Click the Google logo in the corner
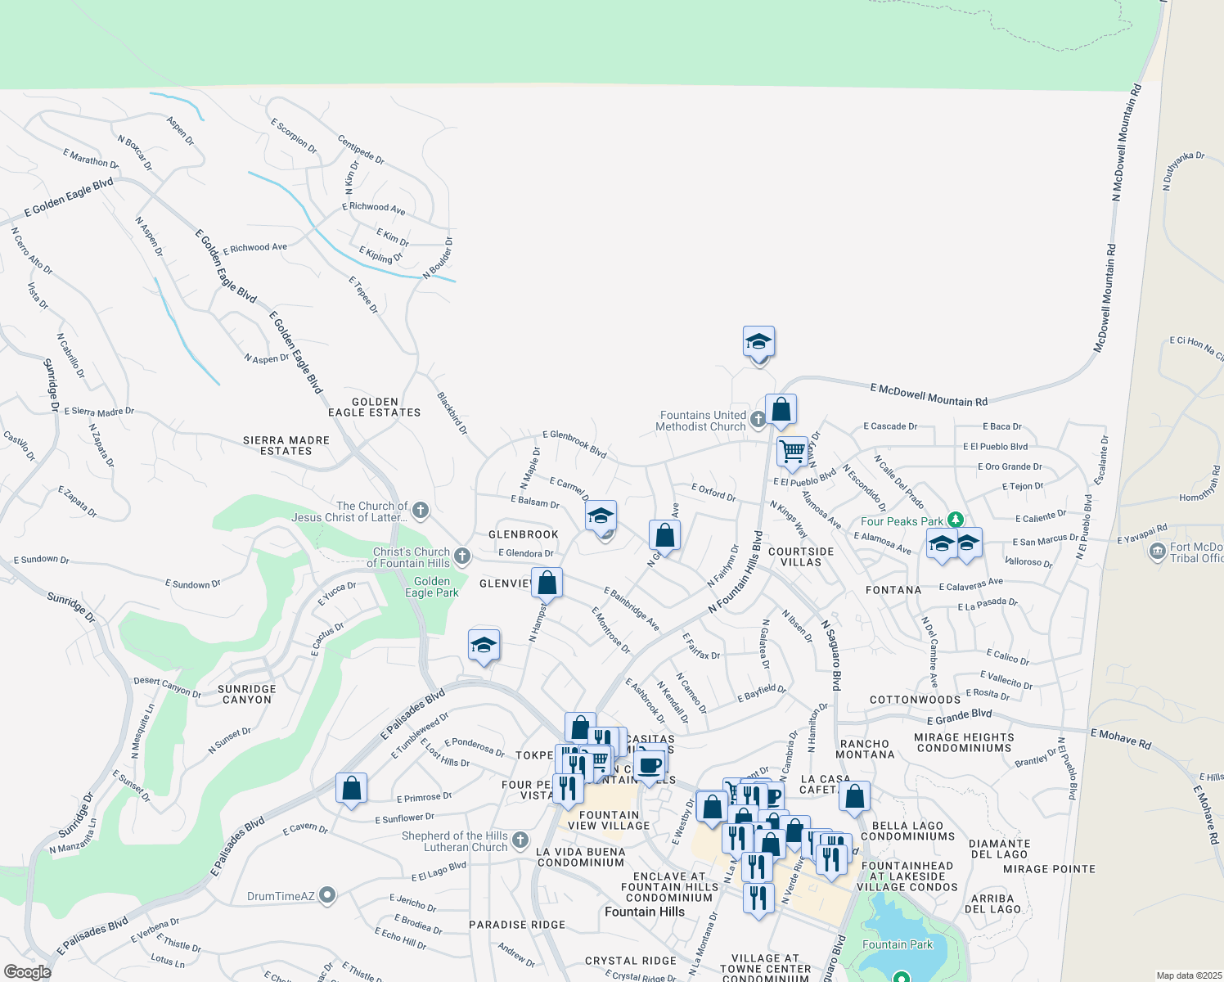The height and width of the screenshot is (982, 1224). click(x=27, y=971)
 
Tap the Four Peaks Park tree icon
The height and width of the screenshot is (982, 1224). click(x=955, y=520)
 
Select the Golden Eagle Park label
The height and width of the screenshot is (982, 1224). click(x=431, y=587)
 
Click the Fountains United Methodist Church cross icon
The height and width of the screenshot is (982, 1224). click(x=758, y=420)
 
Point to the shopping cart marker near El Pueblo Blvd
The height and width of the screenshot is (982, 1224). click(x=792, y=450)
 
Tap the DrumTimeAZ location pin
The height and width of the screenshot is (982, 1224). click(x=327, y=895)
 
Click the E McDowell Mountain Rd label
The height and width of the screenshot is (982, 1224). click(x=928, y=395)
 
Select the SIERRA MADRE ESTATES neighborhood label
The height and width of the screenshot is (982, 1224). click(x=286, y=445)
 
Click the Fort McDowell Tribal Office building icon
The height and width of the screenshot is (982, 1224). click(x=1157, y=552)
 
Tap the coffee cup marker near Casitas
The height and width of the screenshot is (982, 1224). click(x=649, y=765)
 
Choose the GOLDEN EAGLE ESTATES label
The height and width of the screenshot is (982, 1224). click(x=375, y=407)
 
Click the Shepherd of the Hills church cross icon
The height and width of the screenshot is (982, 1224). click(x=520, y=840)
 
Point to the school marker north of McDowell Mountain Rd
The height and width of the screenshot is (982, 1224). click(x=758, y=341)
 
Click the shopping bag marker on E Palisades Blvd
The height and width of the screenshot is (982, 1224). click(x=351, y=789)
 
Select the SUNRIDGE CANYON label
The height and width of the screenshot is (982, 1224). click(x=247, y=694)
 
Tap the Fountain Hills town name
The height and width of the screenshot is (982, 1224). click(x=644, y=912)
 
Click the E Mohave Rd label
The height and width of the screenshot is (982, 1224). click(x=1120, y=738)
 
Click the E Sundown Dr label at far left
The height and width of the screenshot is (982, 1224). click(x=41, y=560)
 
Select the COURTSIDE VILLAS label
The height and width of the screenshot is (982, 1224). click(x=801, y=556)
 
